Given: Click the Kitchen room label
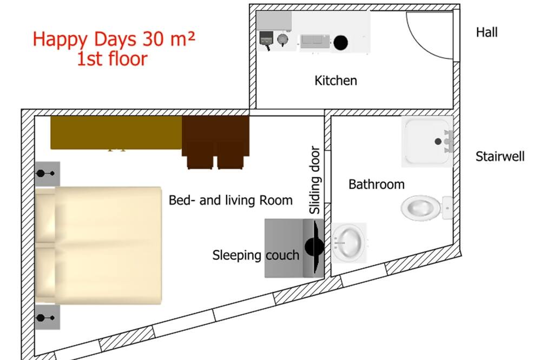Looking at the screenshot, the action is point(336,81).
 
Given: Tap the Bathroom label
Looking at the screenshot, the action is point(377,184).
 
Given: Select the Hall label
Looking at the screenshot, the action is point(486,32).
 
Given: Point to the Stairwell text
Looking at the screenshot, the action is point(500,157).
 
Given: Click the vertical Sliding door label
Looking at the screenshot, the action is point(315,180).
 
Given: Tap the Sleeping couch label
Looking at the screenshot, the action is point(256,256).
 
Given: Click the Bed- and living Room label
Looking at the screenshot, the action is point(230,201).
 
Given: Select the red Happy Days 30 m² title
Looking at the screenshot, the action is point(114,39).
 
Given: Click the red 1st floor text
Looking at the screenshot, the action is point(112,58).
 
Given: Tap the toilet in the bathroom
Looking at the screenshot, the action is point(426,208).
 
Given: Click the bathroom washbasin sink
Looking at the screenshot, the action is point(349,242).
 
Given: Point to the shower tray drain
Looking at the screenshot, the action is point(438,141).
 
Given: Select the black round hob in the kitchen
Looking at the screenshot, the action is point(340,42).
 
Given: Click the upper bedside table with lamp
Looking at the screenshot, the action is point(47,174).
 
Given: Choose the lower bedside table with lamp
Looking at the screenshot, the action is point(47,317).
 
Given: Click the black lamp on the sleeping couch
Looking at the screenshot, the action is point(314,246).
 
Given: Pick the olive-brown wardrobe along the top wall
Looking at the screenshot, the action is point(116,133).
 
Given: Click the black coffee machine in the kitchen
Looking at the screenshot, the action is point(266,39).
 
